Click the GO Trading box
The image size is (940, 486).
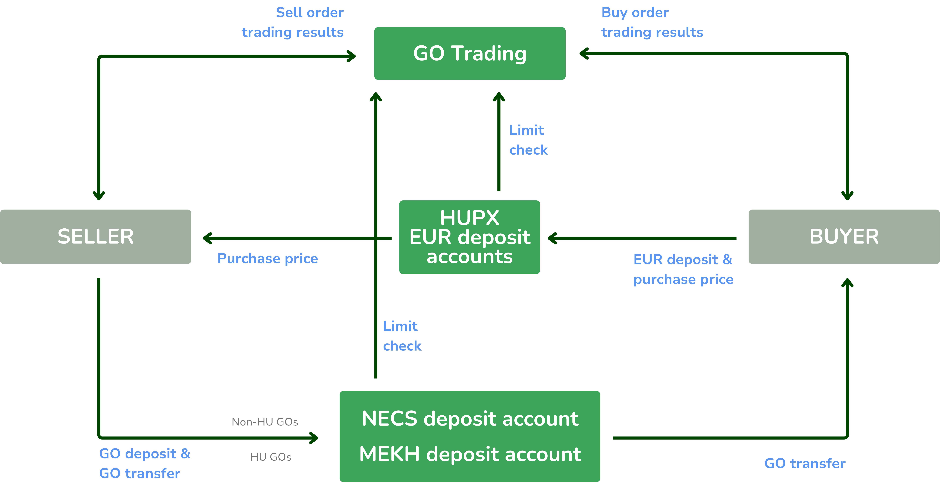[470, 53]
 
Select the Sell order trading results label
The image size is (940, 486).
[293, 22]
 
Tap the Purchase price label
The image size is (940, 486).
[268, 258]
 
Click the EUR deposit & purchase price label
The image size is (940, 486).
[683, 269]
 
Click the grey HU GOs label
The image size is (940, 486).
[271, 457]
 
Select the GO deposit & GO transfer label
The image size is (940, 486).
[144, 463]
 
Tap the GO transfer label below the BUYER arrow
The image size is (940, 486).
[805, 463]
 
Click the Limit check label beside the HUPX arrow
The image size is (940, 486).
[528, 140]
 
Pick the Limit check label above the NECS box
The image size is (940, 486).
[402, 336]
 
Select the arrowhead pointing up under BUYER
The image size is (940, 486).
[847, 283]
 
